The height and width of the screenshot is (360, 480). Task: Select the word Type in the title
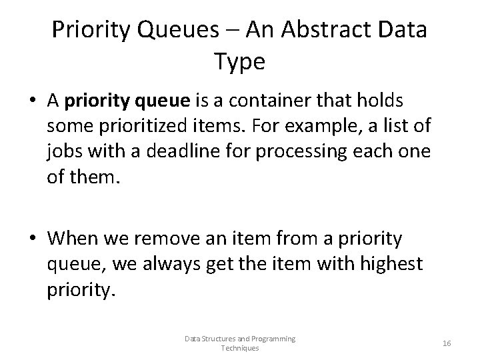pos(240,62)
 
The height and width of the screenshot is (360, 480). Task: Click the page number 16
pos(447,343)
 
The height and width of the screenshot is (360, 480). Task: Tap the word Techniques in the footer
pos(240,348)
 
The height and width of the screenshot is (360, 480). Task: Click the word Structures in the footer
pos(214,339)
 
